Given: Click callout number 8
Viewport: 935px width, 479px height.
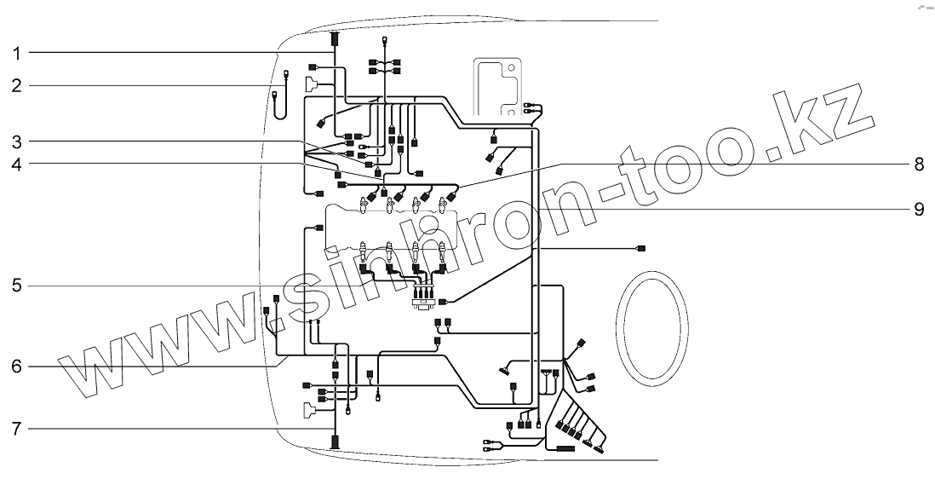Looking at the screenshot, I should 918,164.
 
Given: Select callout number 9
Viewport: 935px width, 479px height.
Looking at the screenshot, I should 918,209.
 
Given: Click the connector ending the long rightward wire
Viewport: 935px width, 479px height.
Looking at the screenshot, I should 641,248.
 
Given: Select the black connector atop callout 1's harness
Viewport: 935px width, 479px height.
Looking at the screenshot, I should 334,39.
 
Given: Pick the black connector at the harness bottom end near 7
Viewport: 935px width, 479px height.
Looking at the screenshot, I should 335,442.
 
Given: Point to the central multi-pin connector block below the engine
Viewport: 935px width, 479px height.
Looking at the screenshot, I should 422,296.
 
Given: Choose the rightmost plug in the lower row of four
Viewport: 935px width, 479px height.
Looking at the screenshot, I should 443,254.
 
